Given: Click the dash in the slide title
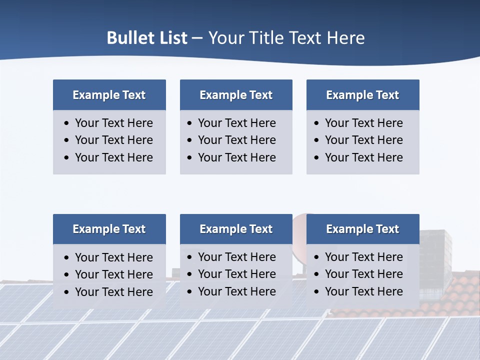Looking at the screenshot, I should [x=197, y=38].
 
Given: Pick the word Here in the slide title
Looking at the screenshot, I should [x=345, y=38].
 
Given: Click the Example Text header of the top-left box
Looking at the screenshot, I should [x=109, y=95].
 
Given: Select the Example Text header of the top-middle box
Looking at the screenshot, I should [x=236, y=95].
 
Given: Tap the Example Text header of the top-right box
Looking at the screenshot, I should [x=362, y=95].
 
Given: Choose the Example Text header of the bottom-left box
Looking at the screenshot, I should [x=109, y=229].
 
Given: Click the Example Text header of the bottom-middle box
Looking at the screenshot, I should [x=236, y=229].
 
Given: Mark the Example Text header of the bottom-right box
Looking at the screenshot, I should [x=362, y=229].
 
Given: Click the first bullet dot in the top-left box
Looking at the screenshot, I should [x=67, y=123].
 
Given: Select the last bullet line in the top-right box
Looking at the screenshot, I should [x=363, y=157].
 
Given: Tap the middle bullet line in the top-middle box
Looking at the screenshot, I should [x=236, y=140].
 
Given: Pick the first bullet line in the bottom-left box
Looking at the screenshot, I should [x=113, y=257].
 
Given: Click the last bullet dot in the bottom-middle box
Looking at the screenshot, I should [x=189, y=292].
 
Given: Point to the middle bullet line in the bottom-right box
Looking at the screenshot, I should [x=363, y=274].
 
